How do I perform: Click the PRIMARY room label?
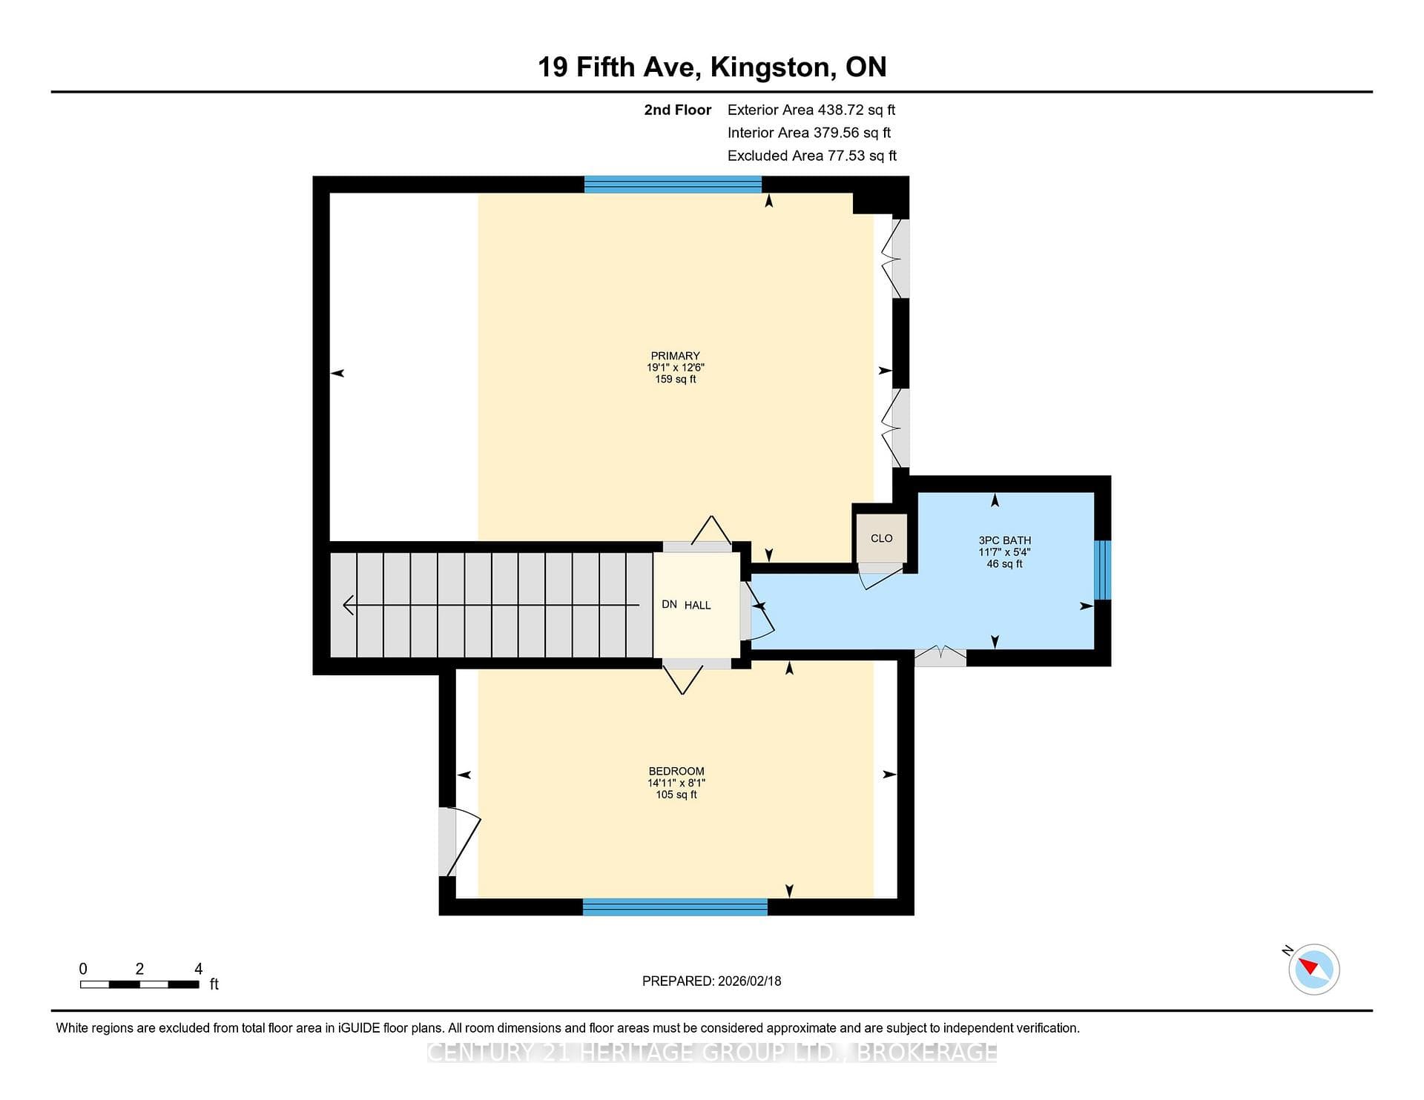[x=675, y=356]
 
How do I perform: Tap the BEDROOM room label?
[x=676, y=771]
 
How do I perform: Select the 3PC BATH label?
[x=1005, y=540]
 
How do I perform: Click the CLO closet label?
[x=882, y=538]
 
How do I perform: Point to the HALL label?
[x=697, y=605]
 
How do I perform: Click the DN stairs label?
[x=669, y=604]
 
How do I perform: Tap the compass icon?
[x=1313, y=969]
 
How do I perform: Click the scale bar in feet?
[x=139, y=984]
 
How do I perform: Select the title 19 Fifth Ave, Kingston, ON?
[x=712, y=67]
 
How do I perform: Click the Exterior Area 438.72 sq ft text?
[x=811, y=110]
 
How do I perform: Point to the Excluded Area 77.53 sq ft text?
[x=812, y=156]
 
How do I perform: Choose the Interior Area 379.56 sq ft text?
[x=809, y=133]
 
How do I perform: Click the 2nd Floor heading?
[x=678, y=110]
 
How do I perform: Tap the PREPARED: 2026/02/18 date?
[x=712, y=981]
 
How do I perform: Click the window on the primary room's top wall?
[x=673, y=185]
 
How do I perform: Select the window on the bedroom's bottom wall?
[x=675, y=907]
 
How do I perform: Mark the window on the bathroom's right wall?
[x=1103, y=569]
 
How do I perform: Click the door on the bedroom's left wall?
[x=458, y=842]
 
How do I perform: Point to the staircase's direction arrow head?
[x=349, y=606]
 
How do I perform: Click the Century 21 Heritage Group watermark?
[x=712, y=1053]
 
